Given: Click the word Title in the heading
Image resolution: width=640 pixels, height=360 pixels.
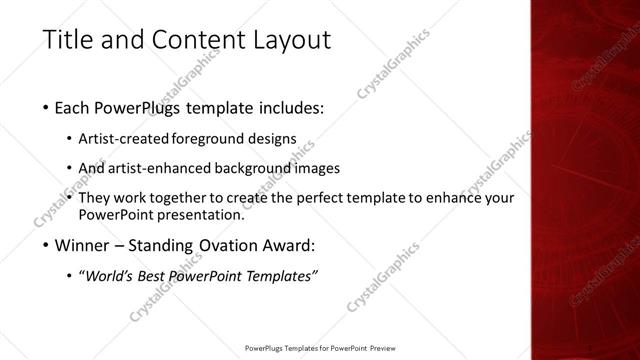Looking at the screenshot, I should [x=68, y=41].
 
